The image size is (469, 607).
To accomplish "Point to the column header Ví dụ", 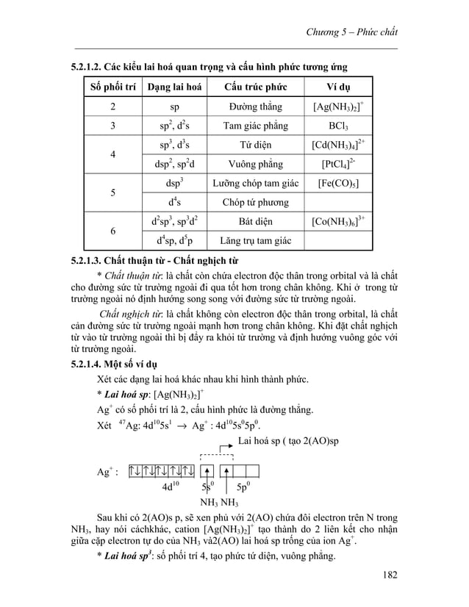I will click(x=339, y=87).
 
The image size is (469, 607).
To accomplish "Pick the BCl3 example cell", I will click(x=339, y=125).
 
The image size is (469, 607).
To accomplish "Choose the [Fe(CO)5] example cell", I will click(x=339, y=182).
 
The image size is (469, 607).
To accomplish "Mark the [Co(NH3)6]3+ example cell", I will click(x=339, y=220).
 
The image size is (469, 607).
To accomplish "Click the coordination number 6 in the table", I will click(x=112, y=230).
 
